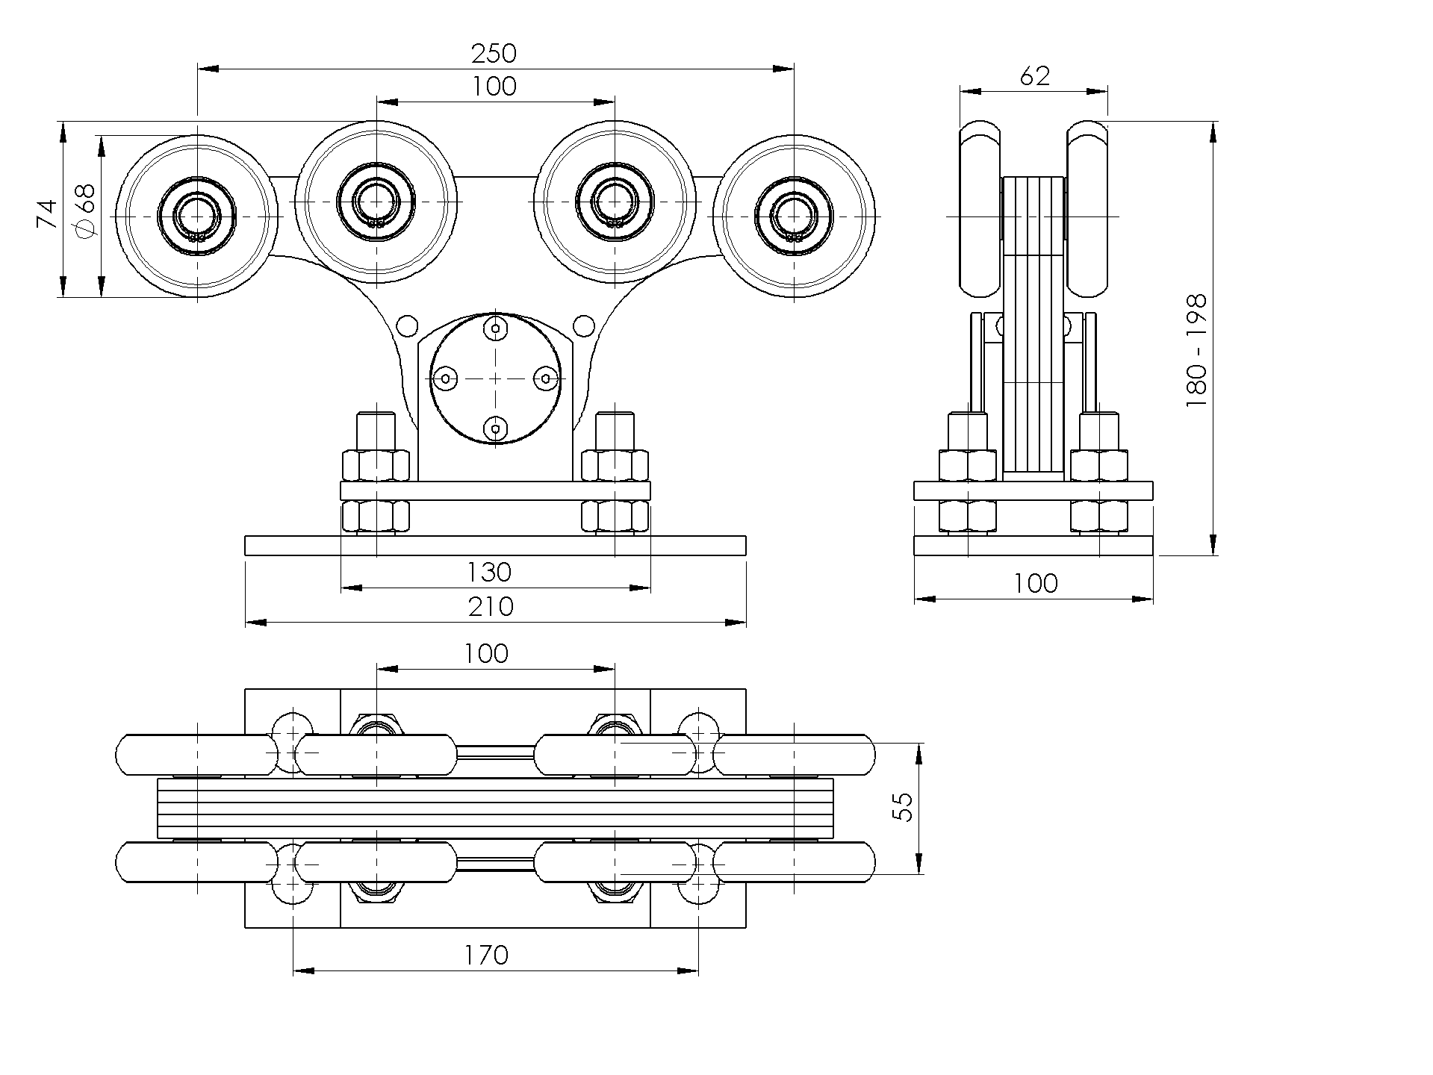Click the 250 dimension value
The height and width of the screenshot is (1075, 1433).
point(494,54)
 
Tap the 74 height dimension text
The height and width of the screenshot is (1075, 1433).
point(47,214)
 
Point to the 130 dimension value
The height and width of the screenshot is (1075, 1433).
point(489,573)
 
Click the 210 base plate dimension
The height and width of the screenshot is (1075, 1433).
point(491,606)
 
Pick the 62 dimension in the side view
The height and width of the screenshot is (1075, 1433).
point(1034,76)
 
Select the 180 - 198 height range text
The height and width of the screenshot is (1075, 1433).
point(1196,350)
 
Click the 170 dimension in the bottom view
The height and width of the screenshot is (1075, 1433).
point(486,955)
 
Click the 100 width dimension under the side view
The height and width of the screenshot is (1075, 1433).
point(1036,583)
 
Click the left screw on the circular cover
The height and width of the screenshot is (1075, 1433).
point(446,378)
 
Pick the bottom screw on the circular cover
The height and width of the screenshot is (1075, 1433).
point(495,429)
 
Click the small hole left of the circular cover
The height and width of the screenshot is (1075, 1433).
point(407,325)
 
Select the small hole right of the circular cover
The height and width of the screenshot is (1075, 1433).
point(582,325)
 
